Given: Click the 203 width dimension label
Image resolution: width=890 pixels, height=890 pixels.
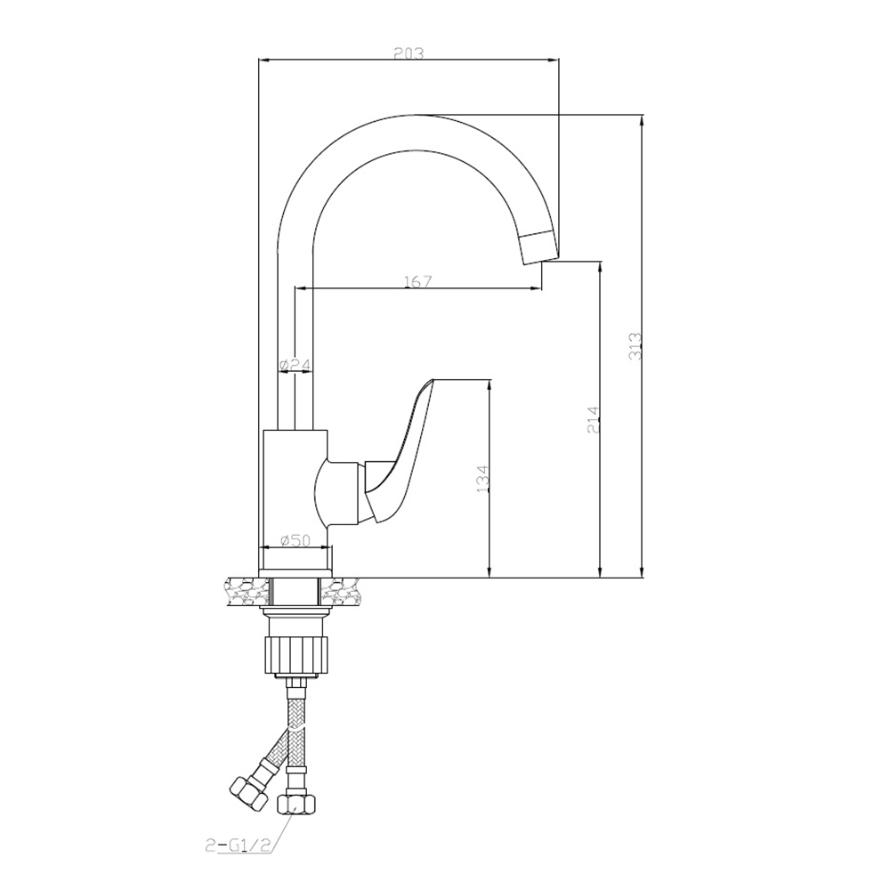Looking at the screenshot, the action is [409, 53].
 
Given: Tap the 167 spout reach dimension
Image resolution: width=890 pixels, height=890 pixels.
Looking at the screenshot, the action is [418, 281].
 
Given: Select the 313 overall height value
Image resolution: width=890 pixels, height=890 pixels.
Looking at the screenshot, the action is [635, 345].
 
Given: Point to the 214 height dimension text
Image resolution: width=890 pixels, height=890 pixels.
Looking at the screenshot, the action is [593, 419].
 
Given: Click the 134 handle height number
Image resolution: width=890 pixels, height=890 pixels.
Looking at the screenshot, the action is [481, 478].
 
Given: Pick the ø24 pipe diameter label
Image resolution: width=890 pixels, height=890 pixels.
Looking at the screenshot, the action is [295, 365].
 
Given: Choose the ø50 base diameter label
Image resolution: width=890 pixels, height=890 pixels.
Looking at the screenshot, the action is [295, 540].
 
